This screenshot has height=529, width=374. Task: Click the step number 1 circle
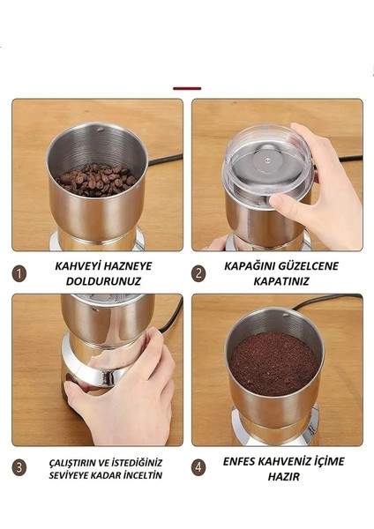point(19,273)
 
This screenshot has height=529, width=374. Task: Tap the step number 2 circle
point(198,273)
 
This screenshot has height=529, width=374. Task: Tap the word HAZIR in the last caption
point(277,476)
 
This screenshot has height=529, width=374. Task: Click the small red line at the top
point(187,88)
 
